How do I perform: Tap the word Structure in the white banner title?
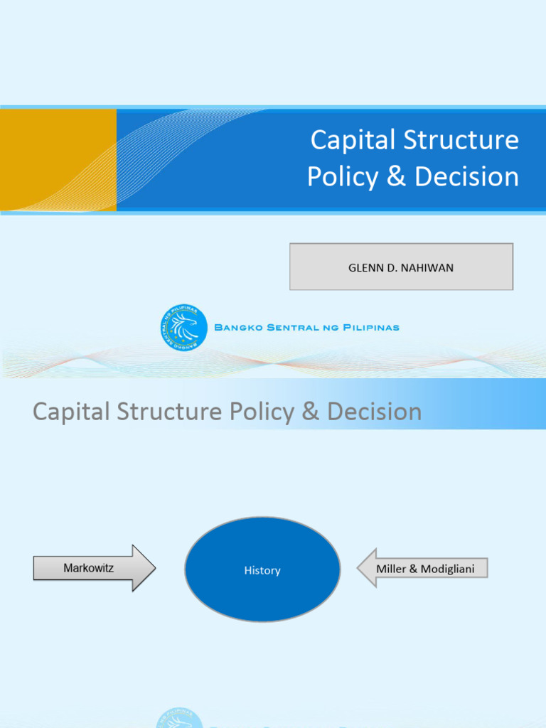[461, 140]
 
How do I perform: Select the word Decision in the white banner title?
[466, 176]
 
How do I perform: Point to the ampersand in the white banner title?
[396, 176]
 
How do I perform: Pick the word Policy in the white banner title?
[343, 176]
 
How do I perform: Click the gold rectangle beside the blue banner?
[58, 160]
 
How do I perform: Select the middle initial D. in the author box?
[390, 267]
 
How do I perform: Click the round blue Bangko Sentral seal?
[183, 327]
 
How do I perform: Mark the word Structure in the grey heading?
[156, 412]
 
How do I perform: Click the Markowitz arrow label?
[88, 568]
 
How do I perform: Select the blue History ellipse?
[262, 569]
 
